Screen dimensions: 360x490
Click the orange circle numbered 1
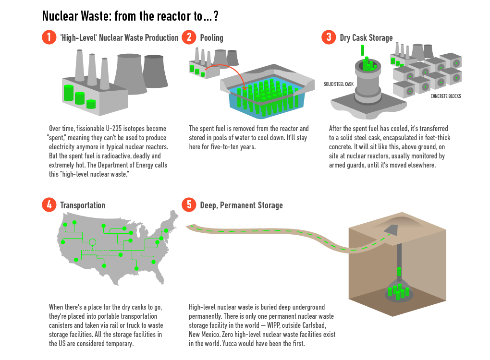coord(49,37)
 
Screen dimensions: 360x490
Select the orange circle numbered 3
coord(329,37)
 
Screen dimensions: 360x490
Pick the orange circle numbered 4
coord(49,205)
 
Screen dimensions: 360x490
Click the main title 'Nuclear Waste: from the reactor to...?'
coord(131,16)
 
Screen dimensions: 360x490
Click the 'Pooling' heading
coord(211,38)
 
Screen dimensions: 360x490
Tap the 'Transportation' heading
coord(83,205)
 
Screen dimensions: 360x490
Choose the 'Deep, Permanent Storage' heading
coord(241,205)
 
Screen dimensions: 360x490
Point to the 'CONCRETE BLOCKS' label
coord(445,96)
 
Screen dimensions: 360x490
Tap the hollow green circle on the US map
coord(93,242)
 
